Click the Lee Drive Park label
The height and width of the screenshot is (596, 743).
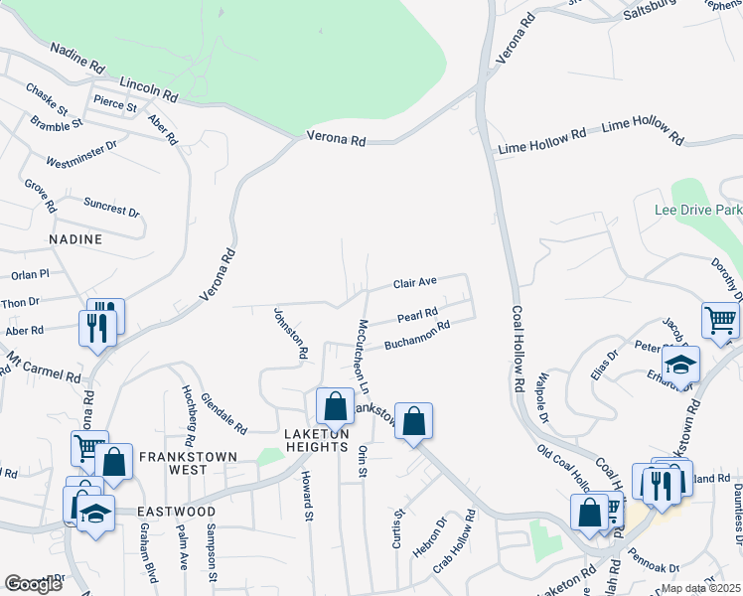coord(698,211)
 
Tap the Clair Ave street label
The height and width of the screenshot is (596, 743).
coord(415,283)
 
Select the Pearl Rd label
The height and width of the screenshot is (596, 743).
coord(417,317)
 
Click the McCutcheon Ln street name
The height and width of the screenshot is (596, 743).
coord(364,354)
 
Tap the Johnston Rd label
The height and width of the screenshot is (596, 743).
coord(291,333)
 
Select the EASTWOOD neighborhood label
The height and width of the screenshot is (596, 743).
coord(177,511)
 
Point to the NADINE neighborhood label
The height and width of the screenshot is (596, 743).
coord(75,239)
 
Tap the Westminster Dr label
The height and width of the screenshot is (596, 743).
coord(81,152)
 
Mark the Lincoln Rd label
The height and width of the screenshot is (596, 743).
coord(148,89)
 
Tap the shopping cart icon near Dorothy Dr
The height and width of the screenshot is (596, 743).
coord(720,320)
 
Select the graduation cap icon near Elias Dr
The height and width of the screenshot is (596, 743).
coord(680,364)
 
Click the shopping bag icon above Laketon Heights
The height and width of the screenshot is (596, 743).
coord(335,405)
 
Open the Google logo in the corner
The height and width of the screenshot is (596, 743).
coord(33,584)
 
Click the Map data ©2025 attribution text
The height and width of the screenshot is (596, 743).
coord(699,588)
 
